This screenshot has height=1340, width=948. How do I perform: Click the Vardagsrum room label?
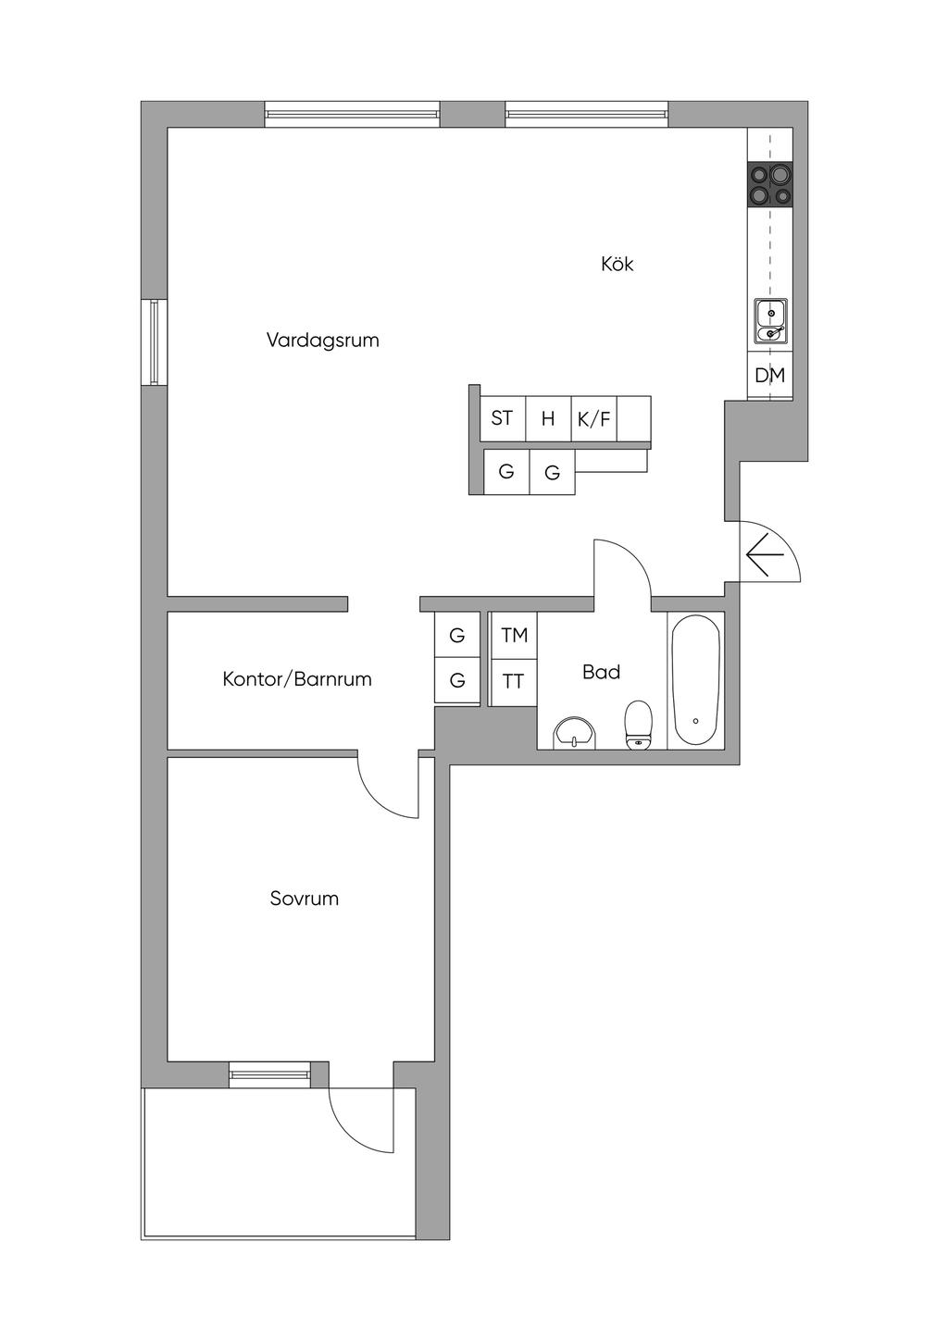pyautogui.click(x=322, y=341)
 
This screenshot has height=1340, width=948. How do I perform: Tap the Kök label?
pyautogui.click(x=617, y=264)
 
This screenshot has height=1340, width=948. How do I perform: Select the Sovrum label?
pyautogui.click(x=304, y=899)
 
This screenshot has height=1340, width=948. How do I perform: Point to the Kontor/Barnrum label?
pyautogui.click(x=297, y=679)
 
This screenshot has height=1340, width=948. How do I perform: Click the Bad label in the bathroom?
pyautogui.click(x=601, y=672)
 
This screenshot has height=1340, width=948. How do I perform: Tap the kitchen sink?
pyautogui.click(x=770, y=321)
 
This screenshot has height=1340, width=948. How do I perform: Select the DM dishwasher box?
pyautogui.click(x=769, y=375)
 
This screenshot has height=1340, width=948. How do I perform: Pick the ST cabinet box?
pyautogui.click(x=503, y=418)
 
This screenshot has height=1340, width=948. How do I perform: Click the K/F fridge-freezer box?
pyautogui.click(x=593, y=418)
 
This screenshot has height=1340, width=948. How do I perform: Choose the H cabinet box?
pyautogui.click(x=548, y=418)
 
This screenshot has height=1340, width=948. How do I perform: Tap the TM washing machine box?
pyautogui.click(x=514, y=635)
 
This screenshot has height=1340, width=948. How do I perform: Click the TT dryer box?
pyautogui.click(x=514, y=681)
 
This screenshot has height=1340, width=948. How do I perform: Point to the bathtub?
pyautogui.click(x=695, y=680)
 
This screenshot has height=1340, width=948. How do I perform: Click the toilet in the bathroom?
pyautogui.click(x=638, y=725)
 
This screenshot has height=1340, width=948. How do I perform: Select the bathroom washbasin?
pyautogui.click(x=575, y=733)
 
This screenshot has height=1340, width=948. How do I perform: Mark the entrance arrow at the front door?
pyautogui.click(x=765, y=554)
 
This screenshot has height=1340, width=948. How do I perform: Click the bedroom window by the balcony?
pyautogui.click(x=270, y=1075)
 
